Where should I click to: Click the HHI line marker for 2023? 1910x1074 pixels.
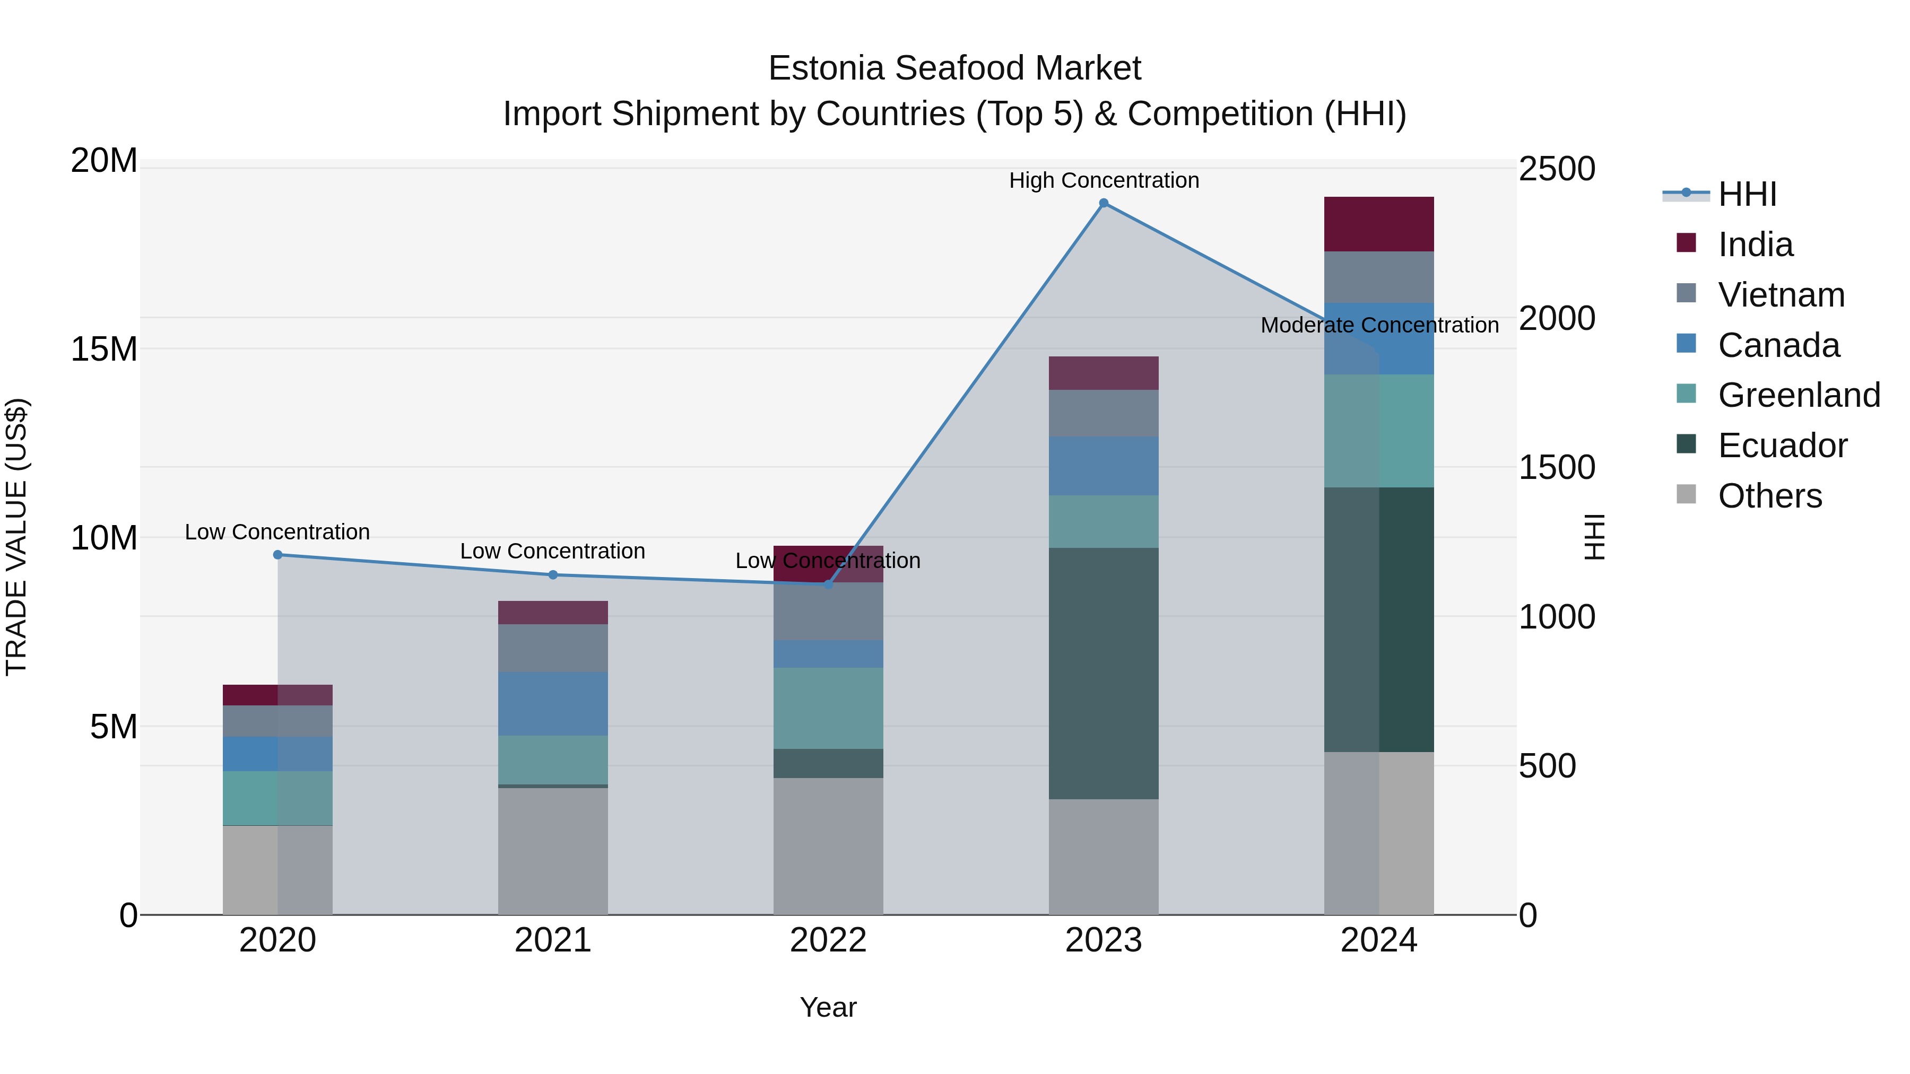click(1104, 203)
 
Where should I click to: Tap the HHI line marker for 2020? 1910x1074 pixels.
click(277, 554)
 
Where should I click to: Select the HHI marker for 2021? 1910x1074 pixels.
click(553, 574)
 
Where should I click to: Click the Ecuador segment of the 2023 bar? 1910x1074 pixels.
click(1104, 673)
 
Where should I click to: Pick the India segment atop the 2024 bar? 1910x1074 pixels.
click(1378, 224)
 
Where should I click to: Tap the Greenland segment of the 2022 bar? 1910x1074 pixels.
click(828, 708)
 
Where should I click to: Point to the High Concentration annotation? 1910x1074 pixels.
click(1104, 180)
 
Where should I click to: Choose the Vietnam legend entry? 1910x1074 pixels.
click(1781, 295)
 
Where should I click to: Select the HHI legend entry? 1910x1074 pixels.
click(1747, 194)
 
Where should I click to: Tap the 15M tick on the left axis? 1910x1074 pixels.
click(104, 349)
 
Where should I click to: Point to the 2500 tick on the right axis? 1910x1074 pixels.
click(1556, 169)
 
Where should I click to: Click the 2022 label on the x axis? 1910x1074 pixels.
click(828, 940)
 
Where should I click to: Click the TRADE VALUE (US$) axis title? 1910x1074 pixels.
click(16, 537)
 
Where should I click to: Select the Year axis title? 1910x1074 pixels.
click(828, 1007)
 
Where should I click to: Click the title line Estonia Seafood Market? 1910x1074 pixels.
click(954, 68)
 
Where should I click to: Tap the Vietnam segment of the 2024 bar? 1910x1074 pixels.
click(1378, 277)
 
